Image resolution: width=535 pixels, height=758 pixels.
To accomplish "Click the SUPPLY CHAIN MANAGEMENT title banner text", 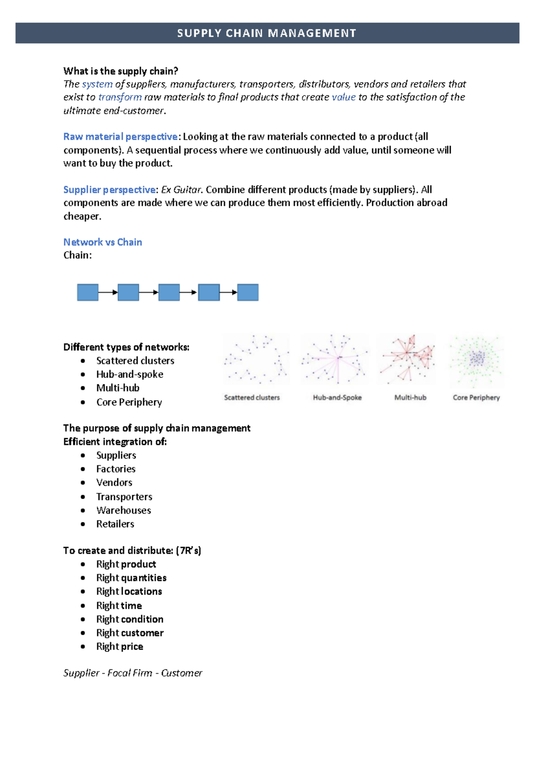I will pos(267,33).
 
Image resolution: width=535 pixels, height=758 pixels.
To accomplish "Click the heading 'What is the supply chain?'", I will pos(120,71).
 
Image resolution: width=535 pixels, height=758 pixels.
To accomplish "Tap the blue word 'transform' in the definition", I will pos(120,97).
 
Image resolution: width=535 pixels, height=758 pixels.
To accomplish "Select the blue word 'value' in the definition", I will pos(343,97).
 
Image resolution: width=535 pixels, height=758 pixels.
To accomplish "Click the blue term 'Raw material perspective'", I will pos(120,137).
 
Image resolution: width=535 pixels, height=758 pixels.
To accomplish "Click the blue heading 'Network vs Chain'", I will pos(103,242).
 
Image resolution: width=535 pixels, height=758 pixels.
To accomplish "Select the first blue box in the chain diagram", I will pos(88,292).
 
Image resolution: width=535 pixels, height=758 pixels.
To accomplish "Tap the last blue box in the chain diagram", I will pos(248,292).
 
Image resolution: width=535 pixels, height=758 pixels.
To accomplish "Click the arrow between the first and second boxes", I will pos(108,292).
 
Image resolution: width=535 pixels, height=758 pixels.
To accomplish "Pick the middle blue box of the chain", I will pos(169,292).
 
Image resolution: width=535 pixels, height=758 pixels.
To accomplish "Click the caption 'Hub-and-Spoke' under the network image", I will pos(337,397).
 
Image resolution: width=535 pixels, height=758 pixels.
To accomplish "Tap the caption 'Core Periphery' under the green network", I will pos(476,397).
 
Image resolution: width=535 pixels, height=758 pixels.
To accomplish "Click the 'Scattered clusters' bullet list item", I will pos(135,361).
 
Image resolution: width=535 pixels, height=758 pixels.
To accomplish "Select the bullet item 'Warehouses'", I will pos(123,510).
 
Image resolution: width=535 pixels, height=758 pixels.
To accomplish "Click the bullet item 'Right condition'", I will pos(130,619).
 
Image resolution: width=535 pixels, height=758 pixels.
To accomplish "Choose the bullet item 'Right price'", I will pos(119,646).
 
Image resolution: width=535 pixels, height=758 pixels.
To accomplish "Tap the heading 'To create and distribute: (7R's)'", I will pos(132,550).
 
